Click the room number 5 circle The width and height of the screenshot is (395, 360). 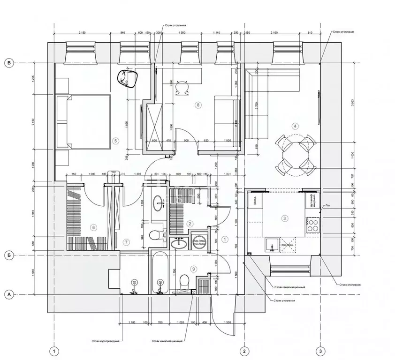point(115,140)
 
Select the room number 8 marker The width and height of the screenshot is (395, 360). point(198,105)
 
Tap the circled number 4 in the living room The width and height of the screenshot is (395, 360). point(295,126)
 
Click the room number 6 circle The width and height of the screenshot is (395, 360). point(94,228)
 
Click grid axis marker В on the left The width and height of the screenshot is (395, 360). point(8,63)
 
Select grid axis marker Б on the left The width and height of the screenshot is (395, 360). point(8,255)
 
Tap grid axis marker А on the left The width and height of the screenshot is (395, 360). point(8,294)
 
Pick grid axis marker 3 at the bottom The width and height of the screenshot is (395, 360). point(320,351)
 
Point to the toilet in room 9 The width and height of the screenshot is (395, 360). point(184,282)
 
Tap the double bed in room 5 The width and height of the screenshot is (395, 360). point(84,121)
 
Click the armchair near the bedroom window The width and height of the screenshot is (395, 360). point(127,78)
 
